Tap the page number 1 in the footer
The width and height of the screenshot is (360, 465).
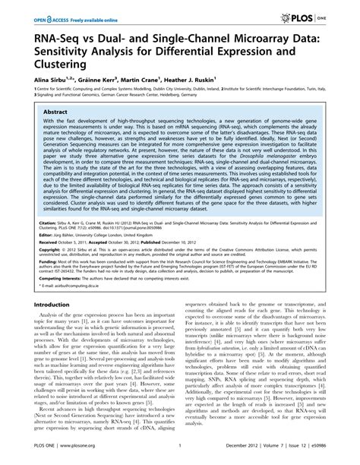(180, 453)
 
